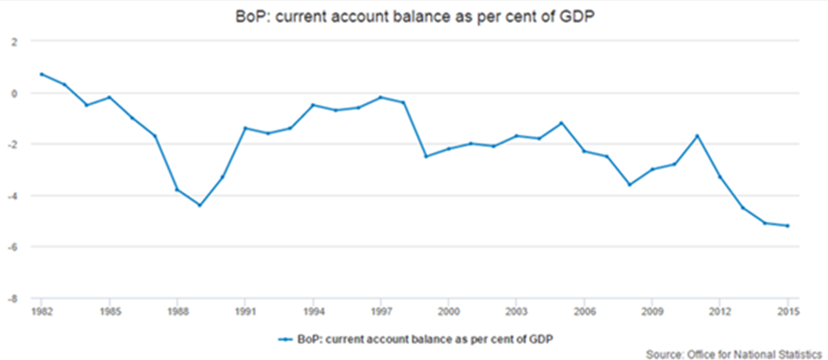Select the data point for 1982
coord(41,74)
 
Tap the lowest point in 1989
coord(200,205)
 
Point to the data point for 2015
coord(788,226)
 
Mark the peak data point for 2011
coord(697,136)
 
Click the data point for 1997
coord(380,97)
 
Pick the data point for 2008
coord(629,185)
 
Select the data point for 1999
coord(426,156)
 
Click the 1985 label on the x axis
coord(109,310)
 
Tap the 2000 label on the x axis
coord(449,310)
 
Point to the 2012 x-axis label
coord(720,310)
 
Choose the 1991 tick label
coord(244,310)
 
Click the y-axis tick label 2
coord(13,41)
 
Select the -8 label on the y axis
coord(11,299)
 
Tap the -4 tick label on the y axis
coord(11,196)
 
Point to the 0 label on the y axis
coord(13,93)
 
